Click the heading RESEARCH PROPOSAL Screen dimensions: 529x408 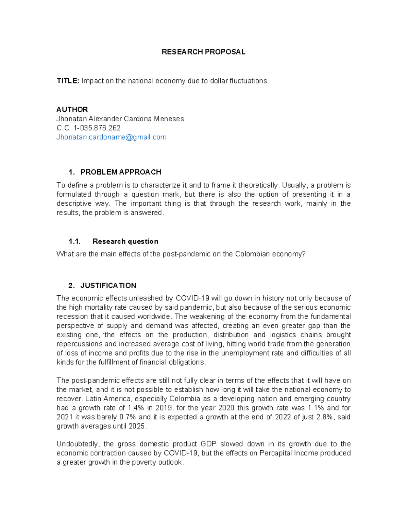point(203,52)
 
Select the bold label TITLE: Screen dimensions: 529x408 point(68,81)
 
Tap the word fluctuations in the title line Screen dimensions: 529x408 point(248,81)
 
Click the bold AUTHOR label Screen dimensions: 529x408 point(72,109)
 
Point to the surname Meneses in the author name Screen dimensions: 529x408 point(169,119)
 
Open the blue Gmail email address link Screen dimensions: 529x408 point(111,137)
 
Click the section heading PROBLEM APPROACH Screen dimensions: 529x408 point(121,172)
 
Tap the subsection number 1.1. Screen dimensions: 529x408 point(74,242)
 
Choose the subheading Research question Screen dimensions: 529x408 point(125,242)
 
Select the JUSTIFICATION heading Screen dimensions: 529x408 point(108,285)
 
